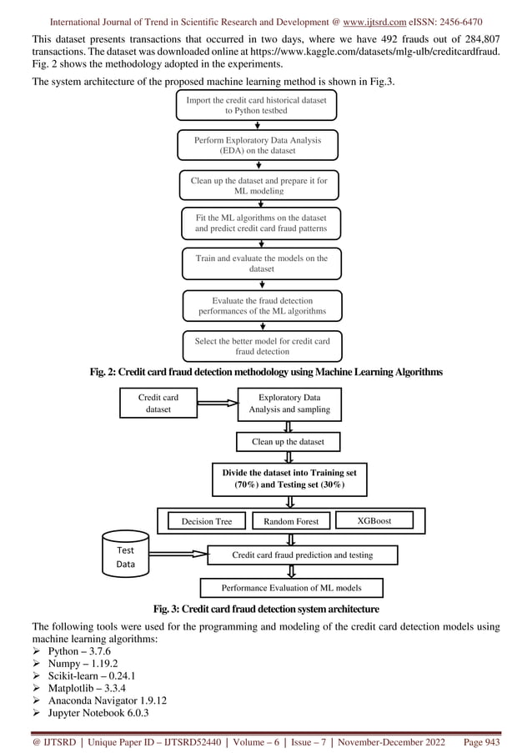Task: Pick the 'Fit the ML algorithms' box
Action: [261, 223]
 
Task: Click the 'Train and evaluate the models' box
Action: [261, 264]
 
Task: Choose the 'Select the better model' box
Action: [261, 346]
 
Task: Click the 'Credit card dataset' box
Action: [158, 404]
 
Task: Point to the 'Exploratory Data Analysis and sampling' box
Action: [289, 404]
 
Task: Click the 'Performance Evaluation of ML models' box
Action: [291, 588]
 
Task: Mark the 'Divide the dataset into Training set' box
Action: [289, 479]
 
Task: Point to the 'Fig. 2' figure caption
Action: [265, 371]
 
